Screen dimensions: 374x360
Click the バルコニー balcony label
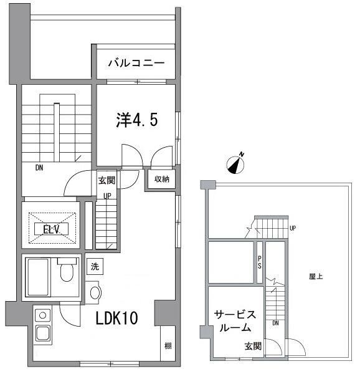pyautogui.click(x=135, y=63)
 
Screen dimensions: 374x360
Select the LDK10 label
pyautogui.click(x=116, y=318)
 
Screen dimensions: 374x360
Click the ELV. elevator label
pyautogui.click(x=51, y=229)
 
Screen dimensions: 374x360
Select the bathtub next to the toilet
pyautogui.click(x=39, y=276)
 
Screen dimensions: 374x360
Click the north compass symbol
pyautogui.click(x=235, y=164)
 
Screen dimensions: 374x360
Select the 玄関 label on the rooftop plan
pyautogui.click(x=252, y=346)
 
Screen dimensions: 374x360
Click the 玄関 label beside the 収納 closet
pyautogui.click(x=106, y=180)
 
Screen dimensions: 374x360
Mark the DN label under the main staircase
pyautogui.click(x=39, y=167)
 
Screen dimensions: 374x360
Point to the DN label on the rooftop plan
pyautogui.click(x=275, y=324)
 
